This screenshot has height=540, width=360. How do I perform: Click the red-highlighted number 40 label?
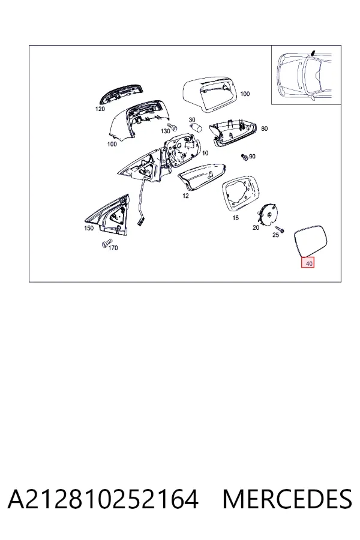(x=308, y=263)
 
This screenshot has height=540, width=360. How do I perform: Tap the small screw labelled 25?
(x=280, y=229)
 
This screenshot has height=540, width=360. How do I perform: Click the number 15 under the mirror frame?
(x=235, y=218)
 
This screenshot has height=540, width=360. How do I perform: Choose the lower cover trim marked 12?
(x=202, y=178)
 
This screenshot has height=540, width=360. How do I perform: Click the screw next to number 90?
(x=245, y=157)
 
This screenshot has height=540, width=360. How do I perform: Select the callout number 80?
(x=264, y=128)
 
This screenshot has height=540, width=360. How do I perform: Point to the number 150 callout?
(x=89, y=228)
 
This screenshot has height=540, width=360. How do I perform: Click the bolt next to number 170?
(x=106, y=244)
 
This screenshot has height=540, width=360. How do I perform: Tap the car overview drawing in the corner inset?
(x=305, y=75)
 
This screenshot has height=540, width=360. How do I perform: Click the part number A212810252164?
(x=103, y=499)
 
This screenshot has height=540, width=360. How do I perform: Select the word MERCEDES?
(x=287, y=499)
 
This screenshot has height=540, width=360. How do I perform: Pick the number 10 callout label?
(x=205, y=153)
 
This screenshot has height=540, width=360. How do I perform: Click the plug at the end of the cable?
(x=140, y=222)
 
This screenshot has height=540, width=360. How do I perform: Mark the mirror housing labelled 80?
(x=233, y=134)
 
